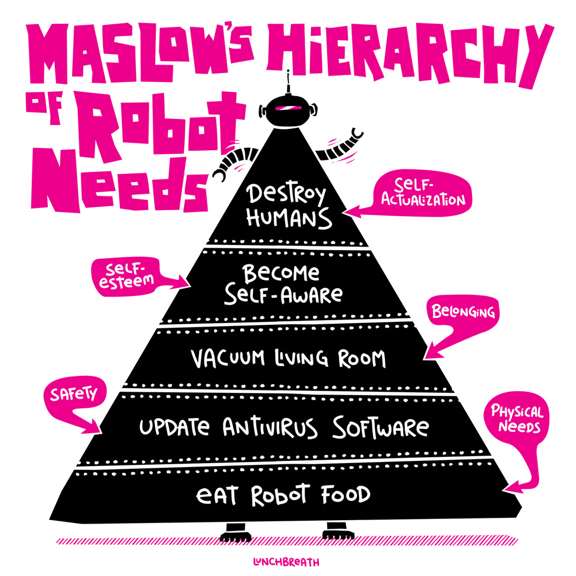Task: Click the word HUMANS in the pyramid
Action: (x=289, y=218)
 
